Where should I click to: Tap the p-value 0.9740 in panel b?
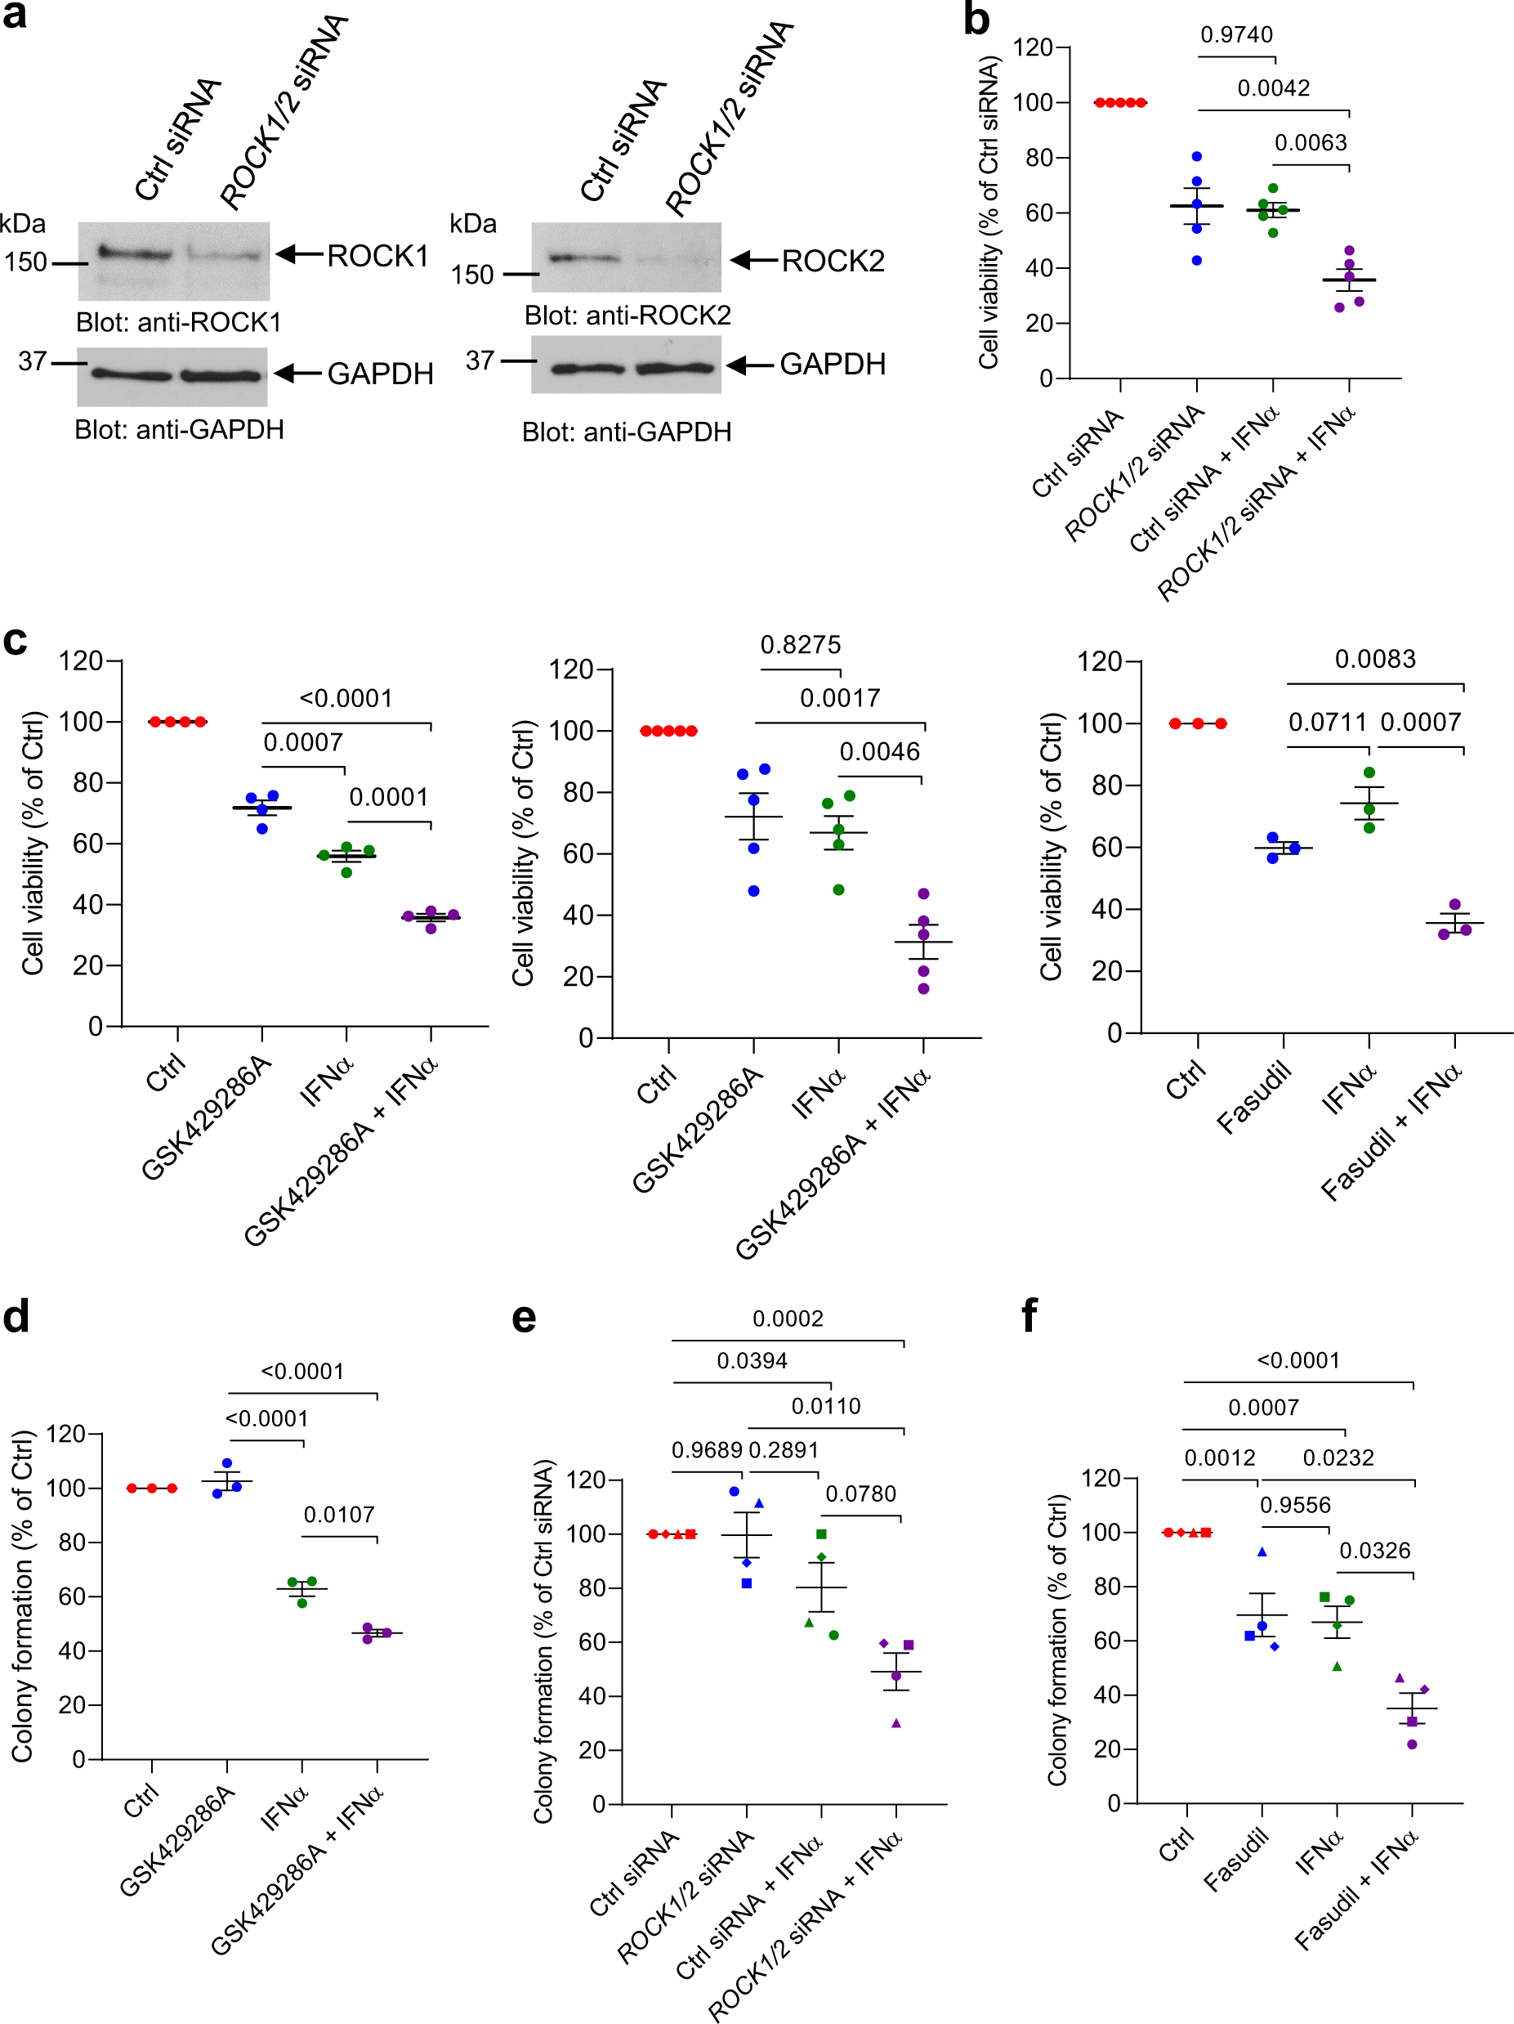[x=1236, y=35]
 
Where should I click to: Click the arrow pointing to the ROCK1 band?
[x=299, y=254]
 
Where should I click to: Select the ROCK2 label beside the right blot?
[x=833, y=261]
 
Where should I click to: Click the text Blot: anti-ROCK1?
[x=178, y=322]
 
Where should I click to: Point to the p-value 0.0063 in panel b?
[x=1310, y=143]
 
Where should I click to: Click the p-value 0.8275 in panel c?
[x=801, y=645]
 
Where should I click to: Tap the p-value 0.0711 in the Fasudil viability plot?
[x=1326, y=722]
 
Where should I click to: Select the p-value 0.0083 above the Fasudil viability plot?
[x=1374, y=659]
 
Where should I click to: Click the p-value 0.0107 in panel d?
[x=338, y=1515]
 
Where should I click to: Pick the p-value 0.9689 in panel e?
[x=706, y=1450]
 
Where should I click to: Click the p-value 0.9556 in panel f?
[x=1294, y=1505]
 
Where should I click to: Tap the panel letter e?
[x=523, y=1318]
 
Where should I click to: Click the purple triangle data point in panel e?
[x=896, y=1723]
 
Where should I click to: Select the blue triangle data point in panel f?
[x=1262, y=1552]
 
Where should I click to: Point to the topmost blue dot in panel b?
[x=1196, y=156]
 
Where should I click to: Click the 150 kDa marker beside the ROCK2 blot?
[x=472, y=275]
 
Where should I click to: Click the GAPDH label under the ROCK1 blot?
[x=380, y=374]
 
